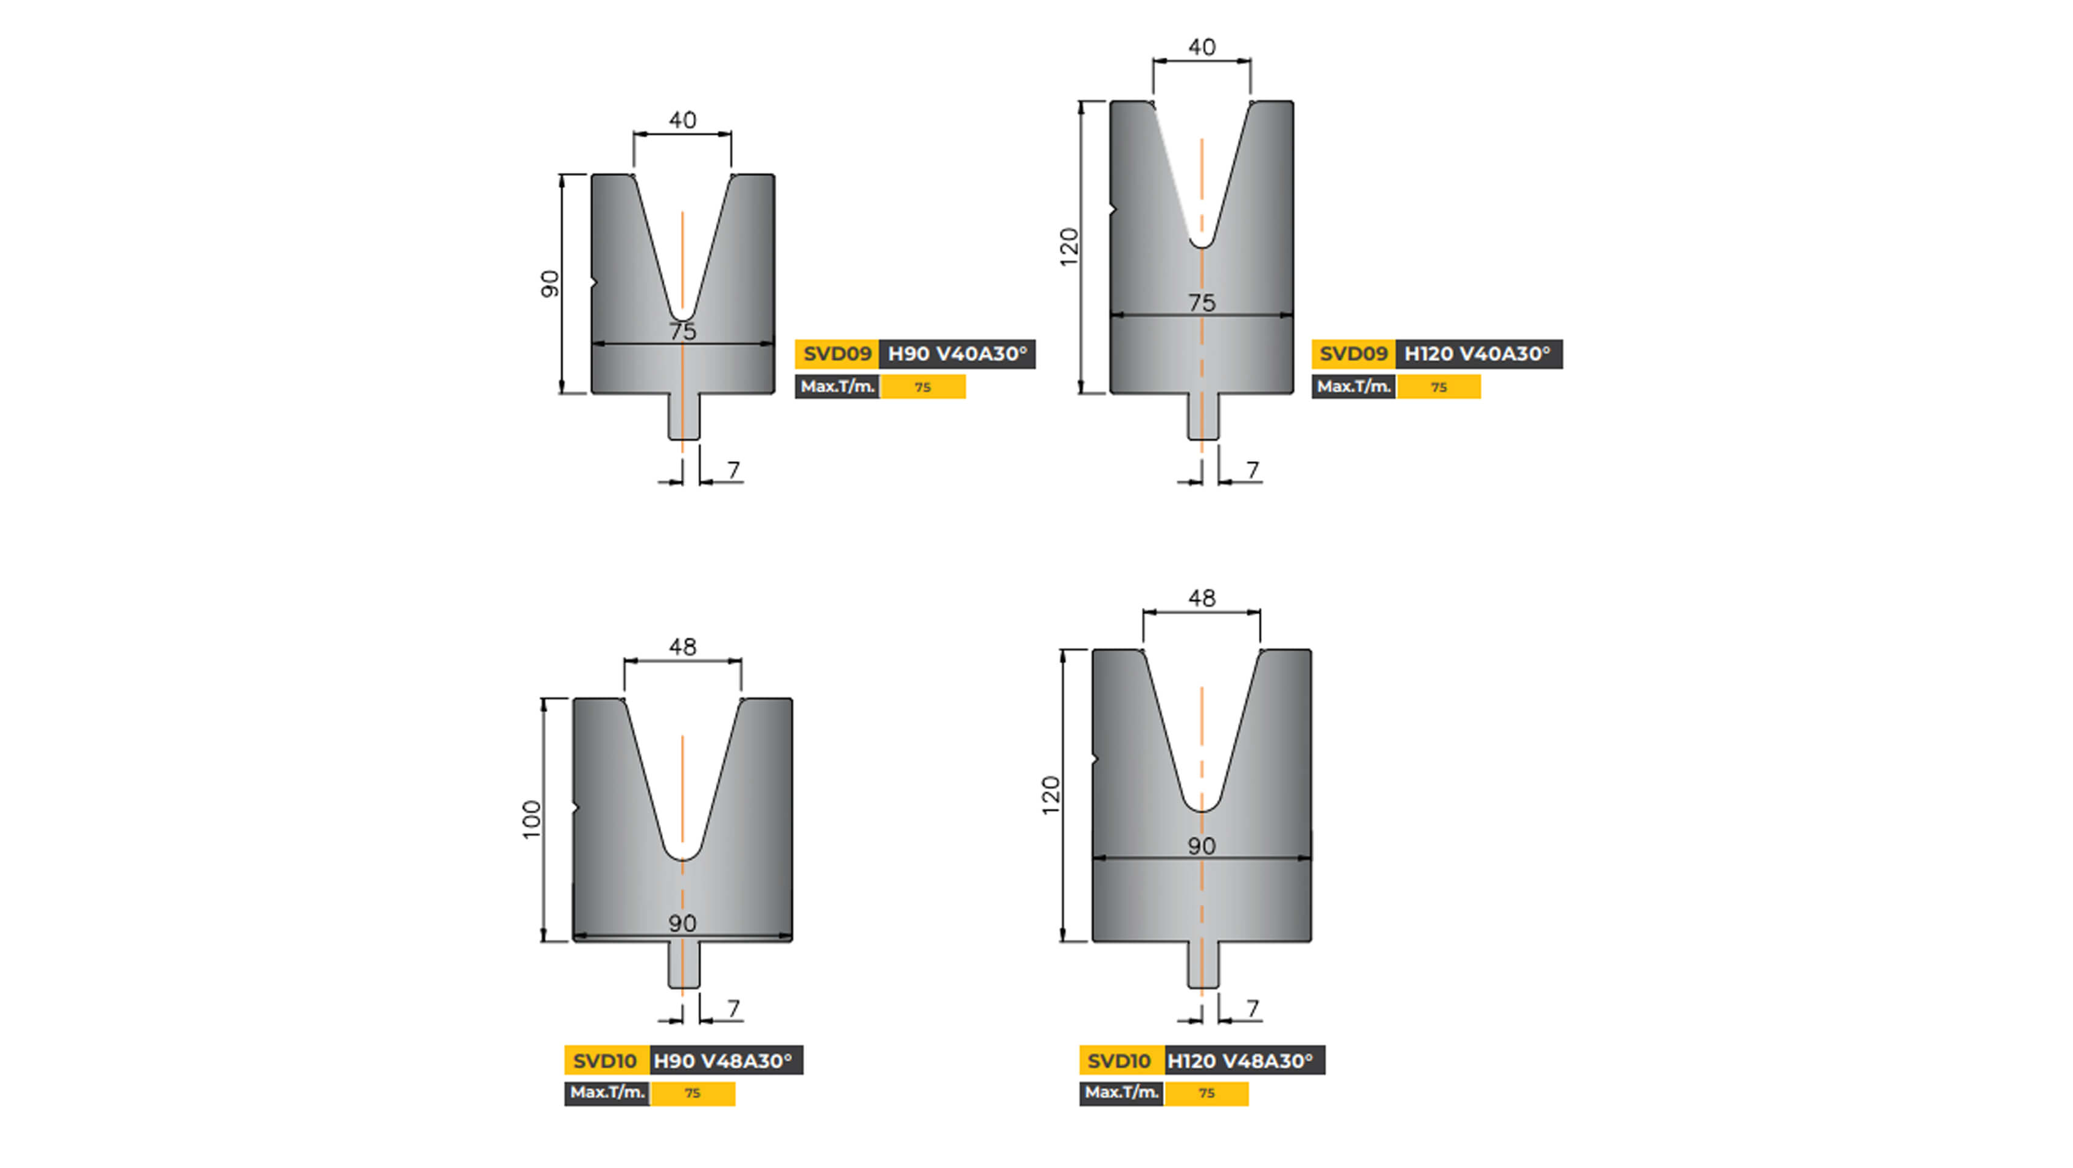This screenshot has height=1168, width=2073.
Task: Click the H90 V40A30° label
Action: tap(956, 354)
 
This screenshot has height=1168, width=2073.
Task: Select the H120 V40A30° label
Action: tap(1478, 354)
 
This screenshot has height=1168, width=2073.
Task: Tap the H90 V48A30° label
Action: tap(724, 1061)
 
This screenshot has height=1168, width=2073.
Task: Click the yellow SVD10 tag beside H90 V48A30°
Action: tap(605, 1061)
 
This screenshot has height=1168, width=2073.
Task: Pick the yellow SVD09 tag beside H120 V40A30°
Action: tap(1353, 354)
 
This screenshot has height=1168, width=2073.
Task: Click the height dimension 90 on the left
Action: tap(549, 284)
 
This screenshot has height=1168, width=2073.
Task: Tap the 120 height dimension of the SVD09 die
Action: tap(1068, 247)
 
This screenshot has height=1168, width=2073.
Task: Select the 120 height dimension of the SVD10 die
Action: tap(1051, 795)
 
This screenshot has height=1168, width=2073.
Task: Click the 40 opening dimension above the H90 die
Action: tap(682, 120)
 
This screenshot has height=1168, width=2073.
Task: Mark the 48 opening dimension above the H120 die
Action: tap(1202, 599)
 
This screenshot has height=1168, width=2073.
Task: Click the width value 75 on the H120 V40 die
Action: tap(1202, 304)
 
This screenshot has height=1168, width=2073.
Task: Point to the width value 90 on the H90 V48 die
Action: tap(682, 923)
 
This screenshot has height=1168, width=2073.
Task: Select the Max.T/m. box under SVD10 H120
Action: tap(1121, 1093)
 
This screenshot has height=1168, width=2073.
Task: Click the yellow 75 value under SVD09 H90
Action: tap(922, 387)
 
